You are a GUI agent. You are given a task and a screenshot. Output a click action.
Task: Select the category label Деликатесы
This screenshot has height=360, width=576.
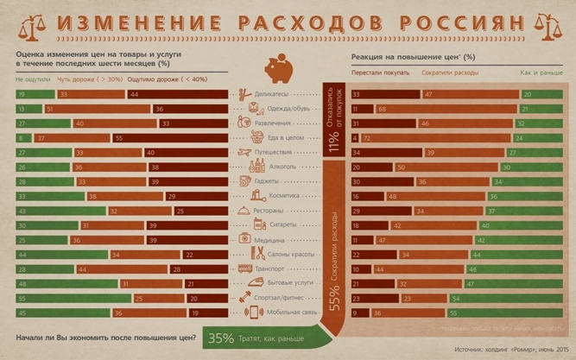coord(272,94)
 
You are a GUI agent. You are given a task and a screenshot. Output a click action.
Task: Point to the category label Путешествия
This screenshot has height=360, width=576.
coord(275,152)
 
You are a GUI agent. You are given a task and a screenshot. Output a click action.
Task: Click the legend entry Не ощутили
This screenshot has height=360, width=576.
coord(32,79)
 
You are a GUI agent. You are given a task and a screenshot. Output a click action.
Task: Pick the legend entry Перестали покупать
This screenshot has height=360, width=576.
coord(380,73)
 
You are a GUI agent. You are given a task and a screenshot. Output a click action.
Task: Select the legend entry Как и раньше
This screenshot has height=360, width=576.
coord(541,73)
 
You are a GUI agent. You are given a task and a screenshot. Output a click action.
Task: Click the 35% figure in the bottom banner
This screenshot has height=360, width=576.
coord(221,338)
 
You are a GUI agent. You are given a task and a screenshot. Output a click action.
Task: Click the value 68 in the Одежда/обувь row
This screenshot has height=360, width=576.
coord(381,109)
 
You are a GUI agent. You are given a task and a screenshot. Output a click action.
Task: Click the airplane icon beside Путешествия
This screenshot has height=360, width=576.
coord(244,152)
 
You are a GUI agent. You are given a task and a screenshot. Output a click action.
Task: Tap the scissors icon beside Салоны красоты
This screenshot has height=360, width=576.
coord(256,254)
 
